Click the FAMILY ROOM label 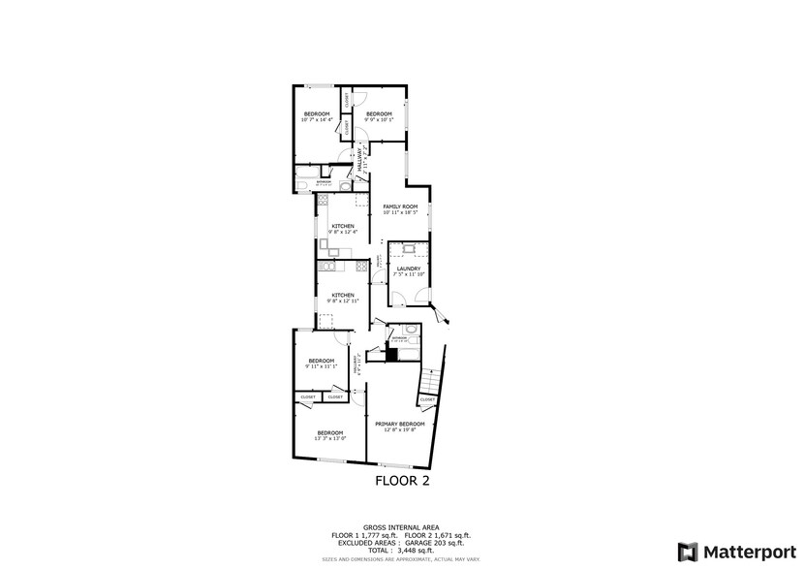pos(399,206)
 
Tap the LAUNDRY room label pos(407,269)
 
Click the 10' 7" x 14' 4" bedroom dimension pos(316,120)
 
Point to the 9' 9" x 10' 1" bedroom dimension pos(379,120)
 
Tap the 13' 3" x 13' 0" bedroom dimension pos(329,438)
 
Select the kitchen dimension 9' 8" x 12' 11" pos(342,301)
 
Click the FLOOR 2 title pos(401,479)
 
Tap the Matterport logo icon pos(687,551)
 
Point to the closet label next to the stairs pos(427,398)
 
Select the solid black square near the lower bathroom pos(391,354)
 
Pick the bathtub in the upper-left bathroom pos(302,183)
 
